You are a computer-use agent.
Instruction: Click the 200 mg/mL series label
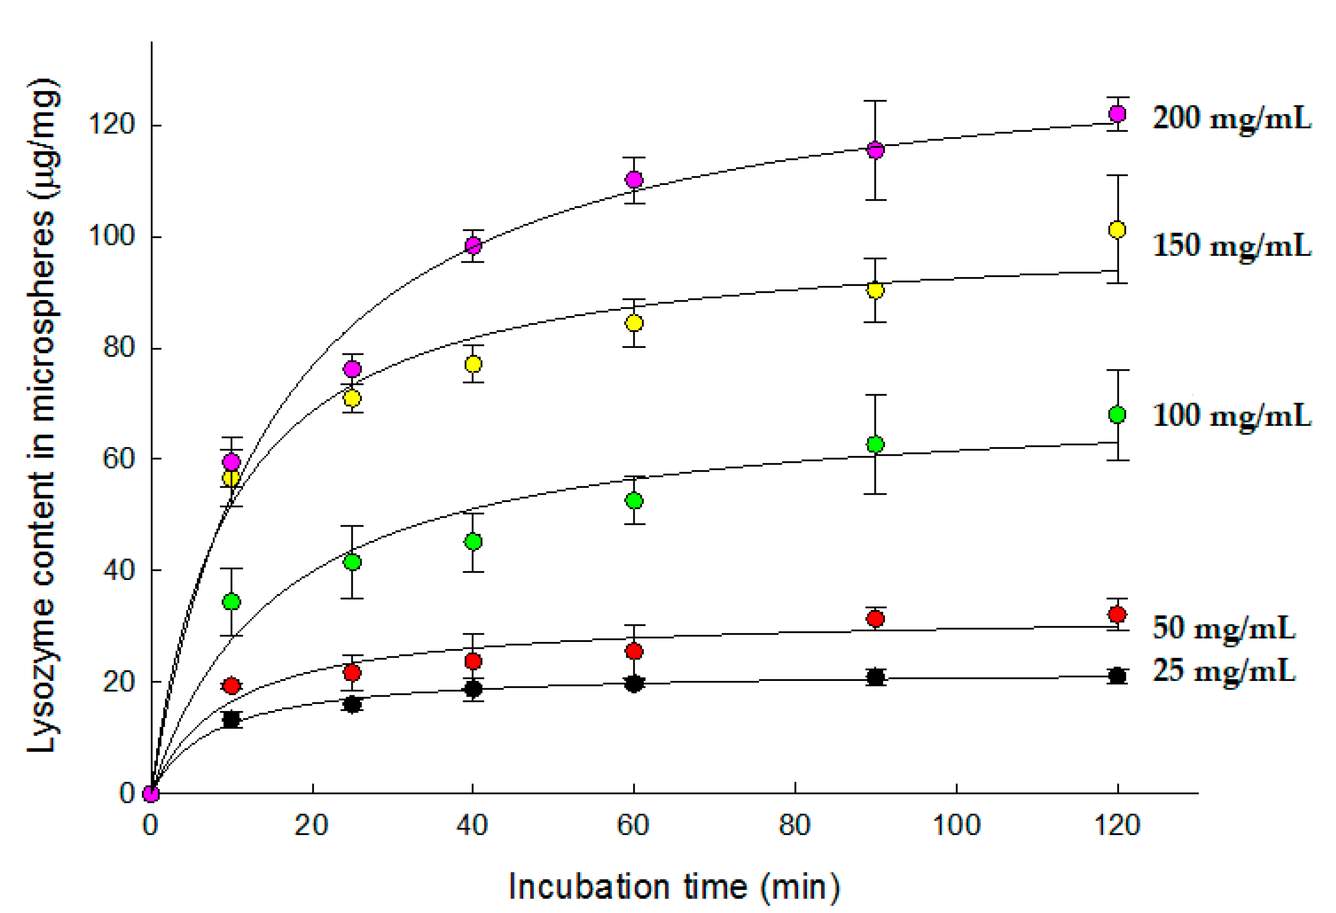[x=1232, y=119]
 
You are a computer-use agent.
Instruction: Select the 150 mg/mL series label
[x=1232, y=246]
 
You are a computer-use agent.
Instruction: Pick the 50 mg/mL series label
[x=1223, y=628]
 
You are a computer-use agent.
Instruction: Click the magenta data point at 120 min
[x=1117, y=114]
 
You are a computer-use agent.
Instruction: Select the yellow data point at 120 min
[x=1117, y=230]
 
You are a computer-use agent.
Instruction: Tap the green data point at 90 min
[x=875, y=444]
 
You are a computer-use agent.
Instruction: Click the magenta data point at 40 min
[x=473, y=246]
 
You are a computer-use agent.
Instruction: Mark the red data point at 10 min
[x=231, y=686]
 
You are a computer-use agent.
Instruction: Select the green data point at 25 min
[x=352, y=562]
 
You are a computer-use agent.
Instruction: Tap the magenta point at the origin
[x=151, y=793]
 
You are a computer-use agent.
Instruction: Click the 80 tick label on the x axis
[x=794, y=826]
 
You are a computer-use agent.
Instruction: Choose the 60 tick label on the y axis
[x=118, y=459]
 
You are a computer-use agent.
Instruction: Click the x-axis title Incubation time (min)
[x=674, y=887]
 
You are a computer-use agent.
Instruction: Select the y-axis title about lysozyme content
[x=43, y=415]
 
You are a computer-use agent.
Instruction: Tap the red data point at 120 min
[x=1117, y=614]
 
